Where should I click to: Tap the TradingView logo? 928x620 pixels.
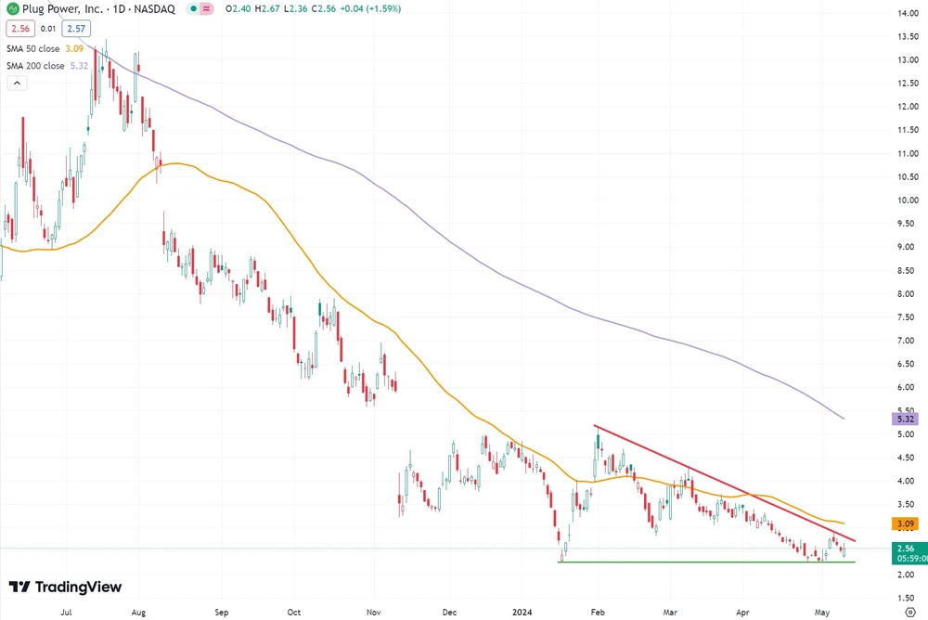click(x=65, y=587)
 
